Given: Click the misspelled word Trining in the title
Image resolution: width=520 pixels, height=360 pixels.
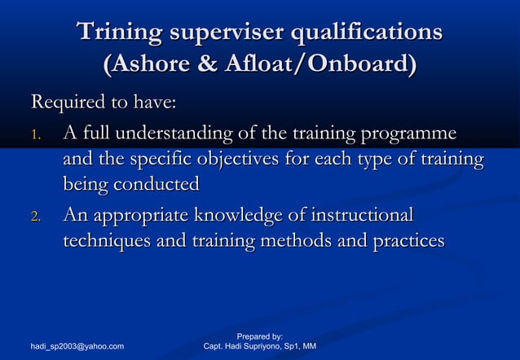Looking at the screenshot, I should pyautogui.click(x=117, y=33).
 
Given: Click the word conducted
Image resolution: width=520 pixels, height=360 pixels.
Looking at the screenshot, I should pyautogui.click(x=153, y=184).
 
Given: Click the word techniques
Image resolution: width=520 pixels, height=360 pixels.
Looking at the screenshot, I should pyautogui.click(x=104, y=241).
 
